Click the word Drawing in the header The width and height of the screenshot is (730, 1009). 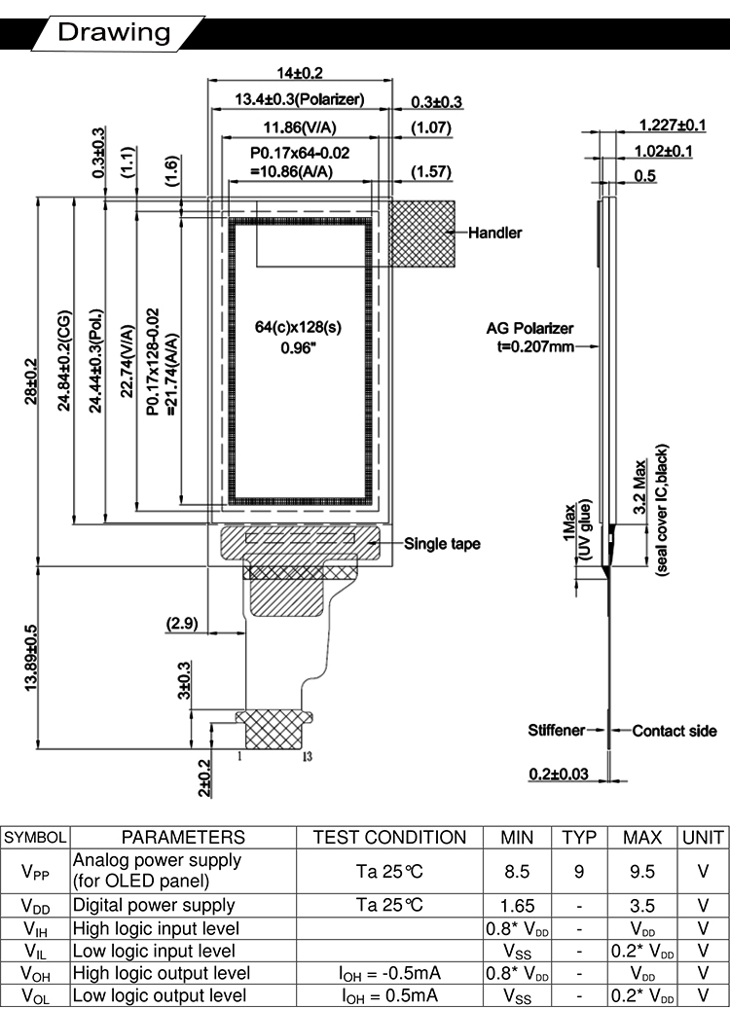click(114, 32)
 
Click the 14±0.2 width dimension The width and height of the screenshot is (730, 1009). click(299, 73)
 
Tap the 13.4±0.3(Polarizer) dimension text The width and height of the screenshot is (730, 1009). click(300, 99)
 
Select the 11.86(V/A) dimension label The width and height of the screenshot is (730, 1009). click(299, 126)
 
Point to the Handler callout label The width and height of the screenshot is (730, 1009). click(495, 233)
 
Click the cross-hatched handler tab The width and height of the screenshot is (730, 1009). click(423, 234)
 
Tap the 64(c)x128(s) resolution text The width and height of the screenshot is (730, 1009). click(299, 328)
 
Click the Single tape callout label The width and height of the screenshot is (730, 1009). click(442, 543)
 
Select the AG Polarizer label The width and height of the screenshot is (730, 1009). click(529, 328)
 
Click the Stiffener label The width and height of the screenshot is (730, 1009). click(557, 730)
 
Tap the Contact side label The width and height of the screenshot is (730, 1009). click(675, 730)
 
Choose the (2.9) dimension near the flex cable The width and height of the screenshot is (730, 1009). click(183, 623)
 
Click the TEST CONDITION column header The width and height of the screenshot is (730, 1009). click(389, 838)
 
